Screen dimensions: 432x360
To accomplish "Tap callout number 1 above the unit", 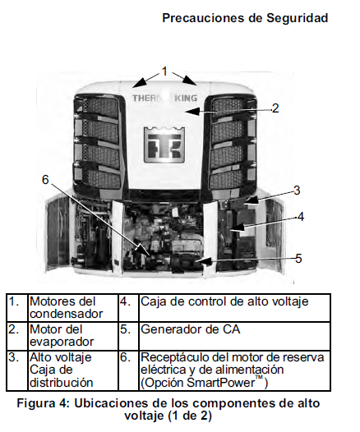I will point(165,71).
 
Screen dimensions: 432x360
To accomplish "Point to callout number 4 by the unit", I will point(301,217).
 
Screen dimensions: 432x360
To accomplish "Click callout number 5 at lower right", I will point(298,258).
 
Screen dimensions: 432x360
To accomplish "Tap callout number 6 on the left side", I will point(46,179).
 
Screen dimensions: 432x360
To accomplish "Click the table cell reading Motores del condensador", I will point(72,307).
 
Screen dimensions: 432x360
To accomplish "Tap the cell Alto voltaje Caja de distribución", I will point(72,369).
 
